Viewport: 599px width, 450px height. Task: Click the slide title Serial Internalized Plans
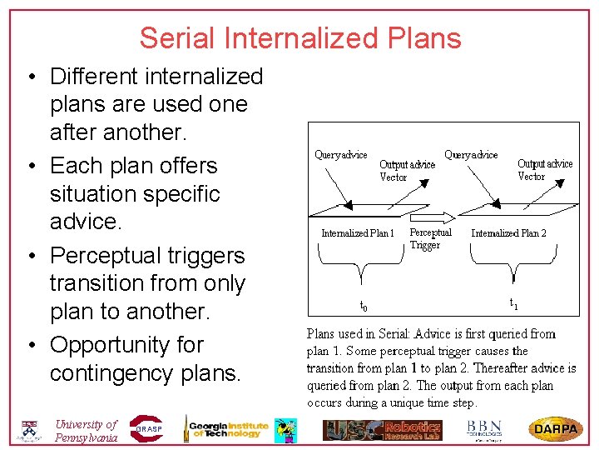coord(299,38)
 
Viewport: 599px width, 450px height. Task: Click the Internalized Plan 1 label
coord(358,233)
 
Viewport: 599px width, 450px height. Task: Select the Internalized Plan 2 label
coord(508,233)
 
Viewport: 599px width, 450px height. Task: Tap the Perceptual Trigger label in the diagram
coord(430,238)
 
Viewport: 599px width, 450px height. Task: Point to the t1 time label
coord(513,305)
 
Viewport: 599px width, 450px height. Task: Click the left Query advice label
coord(340,155)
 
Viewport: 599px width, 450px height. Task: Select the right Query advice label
coord(471,155)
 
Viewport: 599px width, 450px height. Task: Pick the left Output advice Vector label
coord(407,171)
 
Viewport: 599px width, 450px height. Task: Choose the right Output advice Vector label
coord(545,170)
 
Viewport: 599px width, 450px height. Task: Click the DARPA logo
coord(556,429)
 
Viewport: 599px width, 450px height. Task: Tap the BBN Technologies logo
coord(483,428)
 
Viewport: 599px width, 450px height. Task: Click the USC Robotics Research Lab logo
coord(383,429)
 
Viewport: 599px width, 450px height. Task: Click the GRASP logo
coord(146,428)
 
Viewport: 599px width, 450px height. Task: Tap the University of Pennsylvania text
coord(86,431)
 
